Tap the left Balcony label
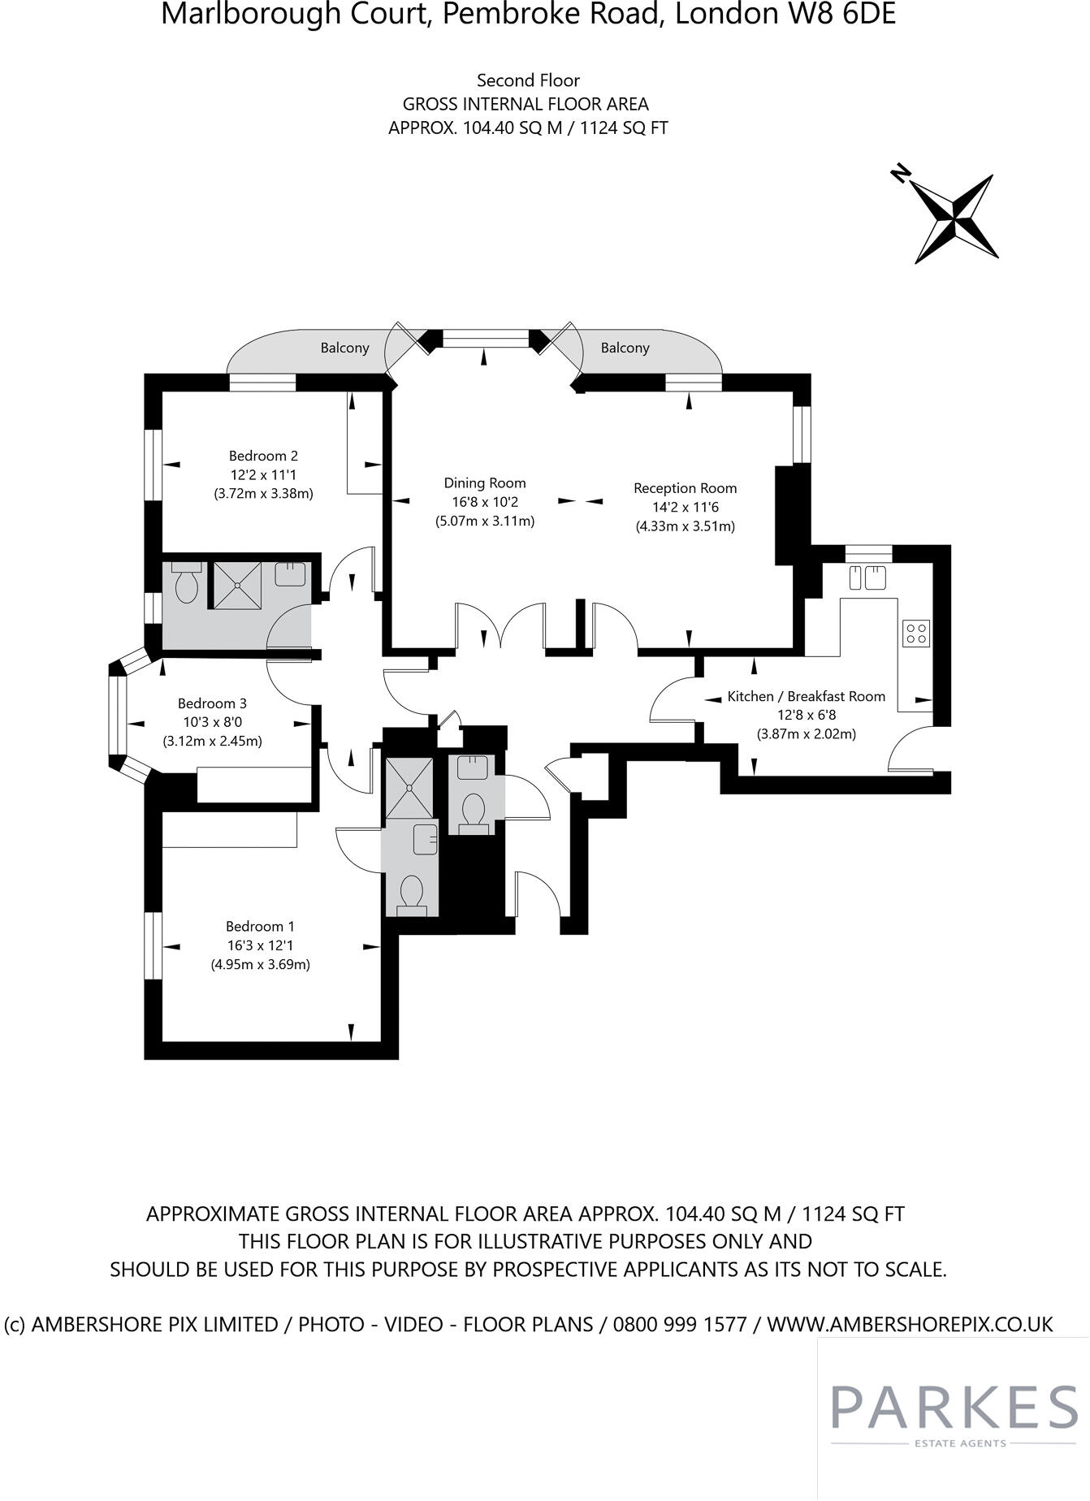pyautogui.click(x=344, y=348)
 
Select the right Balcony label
pyautogui.click(x=625, y=348)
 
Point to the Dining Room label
pyautogui.click(x=484, y=483)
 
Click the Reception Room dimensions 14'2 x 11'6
pyautogui.click(x=685, y=507)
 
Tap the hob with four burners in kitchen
pyautogui.click(x=916, y=633)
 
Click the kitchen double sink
pyautogui.click(x=867, y=578)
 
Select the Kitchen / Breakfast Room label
pyautogui.click(x=806, y=696)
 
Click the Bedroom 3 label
pyautogui.click(x=212, y=703)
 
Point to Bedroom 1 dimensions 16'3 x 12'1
pyautogui.click(x=260, y=945)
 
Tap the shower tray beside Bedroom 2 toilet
pyautogui.click(x=236, y=584)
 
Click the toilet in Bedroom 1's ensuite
pyautogui.click(x=412, y=894)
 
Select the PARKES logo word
pyautogui.click(x=954, y=1409)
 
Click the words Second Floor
pyautogui.click(x=528, y=80)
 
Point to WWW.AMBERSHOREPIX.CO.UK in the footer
pyautogui.click(x=910, y=1324)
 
